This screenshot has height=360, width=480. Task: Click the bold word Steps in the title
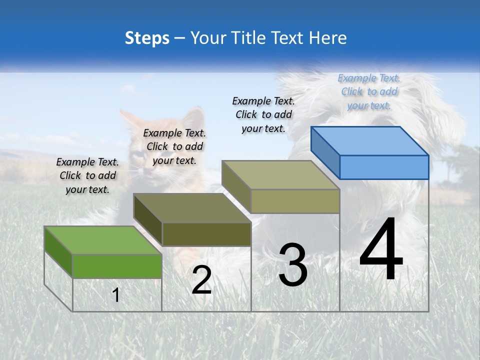(147, 38)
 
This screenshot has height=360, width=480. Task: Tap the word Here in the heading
(328, 38)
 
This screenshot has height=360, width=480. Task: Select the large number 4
(381, 250)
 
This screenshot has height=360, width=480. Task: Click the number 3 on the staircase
(293, 265)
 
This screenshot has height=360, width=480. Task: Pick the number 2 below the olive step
(202, 280)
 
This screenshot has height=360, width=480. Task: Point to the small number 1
(116, 295)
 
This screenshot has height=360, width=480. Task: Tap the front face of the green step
(117, 266)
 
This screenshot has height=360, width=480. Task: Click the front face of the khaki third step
(295, 201)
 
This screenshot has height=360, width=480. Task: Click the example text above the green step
(87, 175)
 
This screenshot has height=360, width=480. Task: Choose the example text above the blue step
(369, 91)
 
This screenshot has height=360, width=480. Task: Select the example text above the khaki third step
(263, 114)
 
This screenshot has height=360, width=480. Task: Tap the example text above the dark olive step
(174, 146)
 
